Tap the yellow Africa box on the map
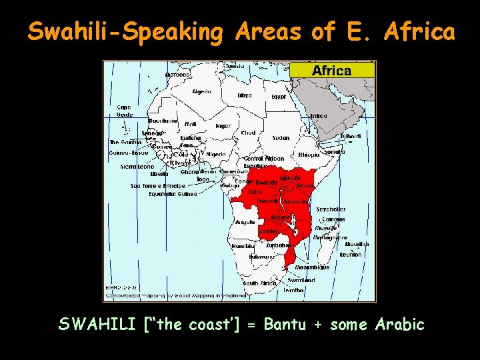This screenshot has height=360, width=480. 332,70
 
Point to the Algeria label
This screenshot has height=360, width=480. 201,91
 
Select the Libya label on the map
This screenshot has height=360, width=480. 245,95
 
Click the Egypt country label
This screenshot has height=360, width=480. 279,97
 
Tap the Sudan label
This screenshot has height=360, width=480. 281,138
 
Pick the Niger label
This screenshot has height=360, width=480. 223,125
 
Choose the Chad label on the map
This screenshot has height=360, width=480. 248,133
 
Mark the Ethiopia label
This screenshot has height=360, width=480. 309,155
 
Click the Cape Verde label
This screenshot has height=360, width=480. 125,111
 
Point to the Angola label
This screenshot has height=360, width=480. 245,222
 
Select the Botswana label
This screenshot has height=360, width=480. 262,257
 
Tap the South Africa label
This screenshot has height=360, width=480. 259,283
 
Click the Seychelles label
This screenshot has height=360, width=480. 331,209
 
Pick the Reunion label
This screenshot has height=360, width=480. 351,255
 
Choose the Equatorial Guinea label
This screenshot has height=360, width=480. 173,194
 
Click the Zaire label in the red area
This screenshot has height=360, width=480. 255,191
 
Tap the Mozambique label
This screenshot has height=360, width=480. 312,267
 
